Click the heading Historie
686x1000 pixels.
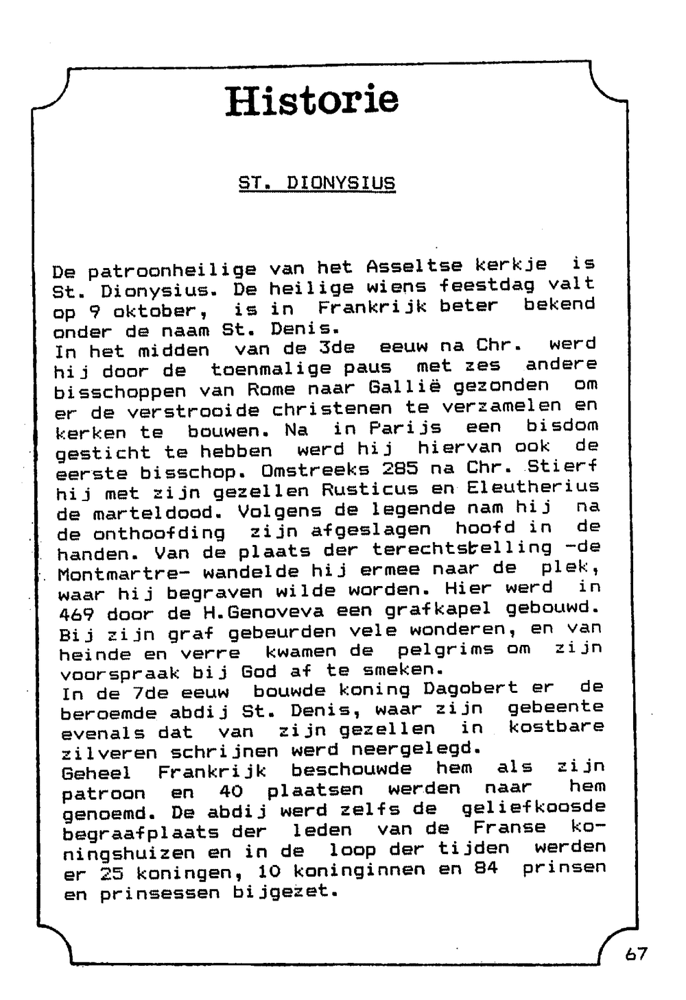pyautogui.click(x=312, y=100)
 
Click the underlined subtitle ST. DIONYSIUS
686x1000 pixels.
pyautogui.click(x=317, y=184)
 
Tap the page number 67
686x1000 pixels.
pyautogui.click(x=635, y=953)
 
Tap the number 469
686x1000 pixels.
pyautogui.click(x=77, y=613)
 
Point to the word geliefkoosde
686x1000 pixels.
pyautogui.click(x=533, y=808)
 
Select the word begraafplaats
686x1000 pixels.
pyautogui.click(x=140, y=833)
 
